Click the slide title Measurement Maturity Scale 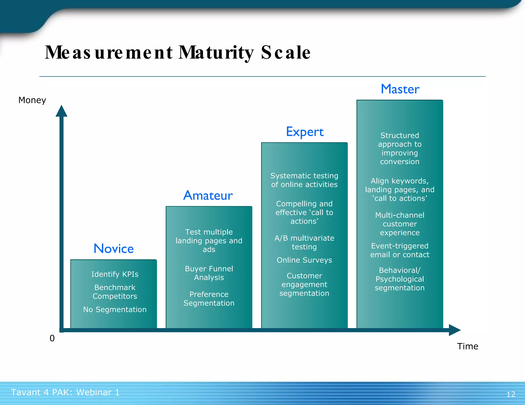(x=177, y=52)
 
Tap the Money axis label (x=32, y=100)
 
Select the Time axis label (x=467, y=346)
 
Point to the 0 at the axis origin (x=52, y=338)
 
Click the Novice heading (x=114, y=249)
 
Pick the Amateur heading (x=208, y=196)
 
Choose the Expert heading (x=305, y=132)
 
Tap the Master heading (x=400, y=89)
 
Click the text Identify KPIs (x=115, y=274)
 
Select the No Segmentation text (x=115, y=310)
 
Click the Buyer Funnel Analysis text (x=209, y=273)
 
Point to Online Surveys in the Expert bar (x=304, y=260)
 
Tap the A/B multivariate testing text (x=304, y=242)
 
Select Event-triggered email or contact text (x=400, y=250)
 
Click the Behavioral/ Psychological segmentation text (x=400, y=279)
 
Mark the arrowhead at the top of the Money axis (x=62, y=111)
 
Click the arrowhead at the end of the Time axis (x=455, y=330)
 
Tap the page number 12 (x=511, y=394)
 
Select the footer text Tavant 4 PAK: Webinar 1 (x=65, y=392)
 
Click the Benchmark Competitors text (x=115, y=292)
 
